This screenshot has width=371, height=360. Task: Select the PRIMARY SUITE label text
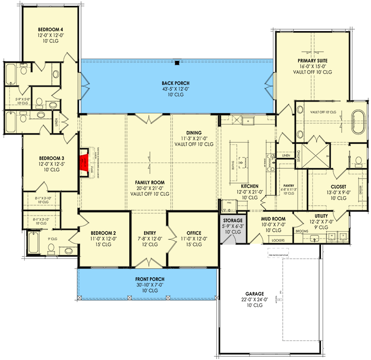point(312,60)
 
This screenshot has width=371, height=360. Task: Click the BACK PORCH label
point(176,83)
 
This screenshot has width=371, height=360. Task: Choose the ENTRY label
point(149,233)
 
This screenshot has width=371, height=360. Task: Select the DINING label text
point(195,133)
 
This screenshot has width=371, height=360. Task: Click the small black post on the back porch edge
point(177,63)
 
